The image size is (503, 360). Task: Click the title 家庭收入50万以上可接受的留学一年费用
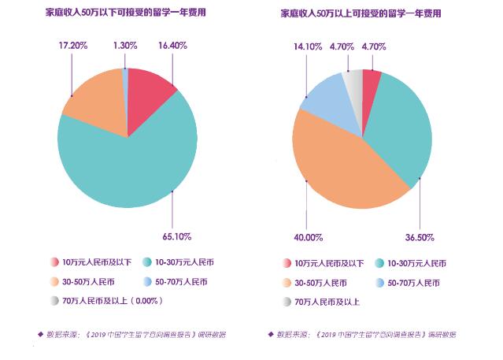click(362, 13)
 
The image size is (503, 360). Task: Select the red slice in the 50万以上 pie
click(371, 81)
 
